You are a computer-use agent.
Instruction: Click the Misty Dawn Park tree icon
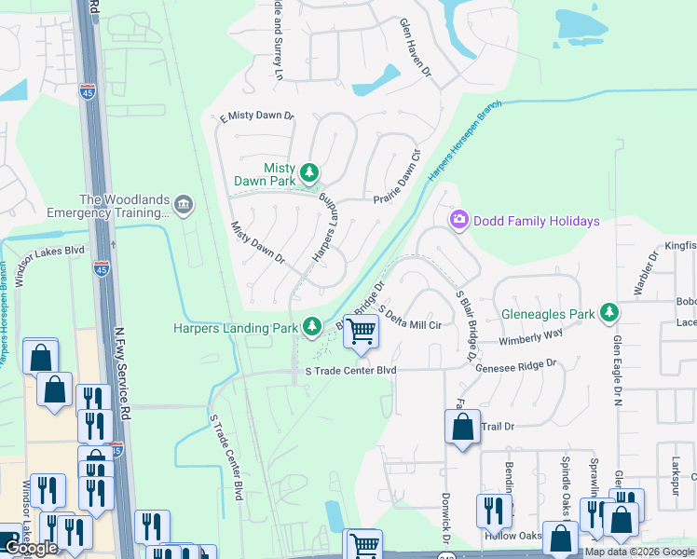click(309, 172)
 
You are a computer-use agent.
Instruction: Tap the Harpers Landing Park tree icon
click(313, 327)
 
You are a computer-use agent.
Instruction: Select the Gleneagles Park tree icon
click(609, 312)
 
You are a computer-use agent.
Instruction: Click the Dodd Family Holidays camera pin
click(458, 220)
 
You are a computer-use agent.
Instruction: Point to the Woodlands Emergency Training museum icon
click(184, 204)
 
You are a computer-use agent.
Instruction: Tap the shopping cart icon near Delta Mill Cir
click(361, 330)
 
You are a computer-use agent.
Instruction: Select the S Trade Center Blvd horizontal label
click(351, 370)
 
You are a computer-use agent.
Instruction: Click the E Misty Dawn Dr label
click(255, 117)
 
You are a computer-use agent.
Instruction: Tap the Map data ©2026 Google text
click(639, 552)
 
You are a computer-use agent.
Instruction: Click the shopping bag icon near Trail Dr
click(463, 428)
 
